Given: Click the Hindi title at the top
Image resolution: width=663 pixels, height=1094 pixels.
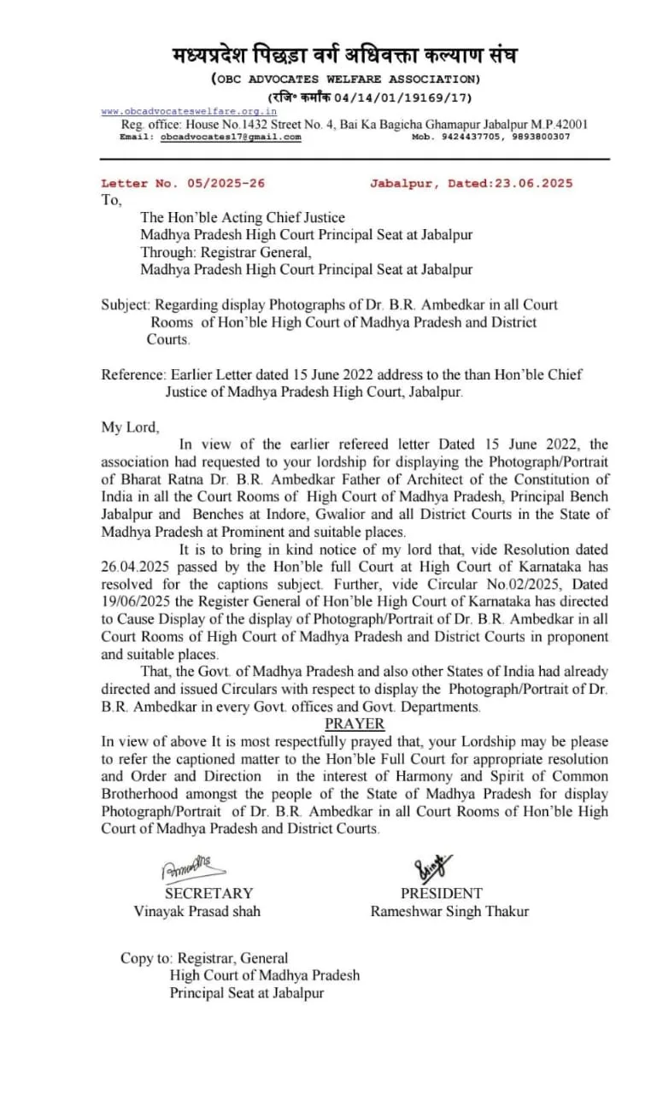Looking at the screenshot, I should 344,56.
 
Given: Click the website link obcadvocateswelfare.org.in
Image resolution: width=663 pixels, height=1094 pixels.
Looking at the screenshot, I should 189,111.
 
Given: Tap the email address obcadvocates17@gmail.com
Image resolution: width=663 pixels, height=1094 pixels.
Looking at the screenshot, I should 231,137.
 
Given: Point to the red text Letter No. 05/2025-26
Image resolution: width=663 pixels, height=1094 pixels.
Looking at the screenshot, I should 183,183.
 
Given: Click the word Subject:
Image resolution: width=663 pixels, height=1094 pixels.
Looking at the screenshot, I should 126,304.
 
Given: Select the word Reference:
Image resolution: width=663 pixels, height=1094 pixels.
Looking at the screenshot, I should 133,374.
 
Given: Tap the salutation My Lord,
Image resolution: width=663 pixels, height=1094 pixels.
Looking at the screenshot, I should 130,426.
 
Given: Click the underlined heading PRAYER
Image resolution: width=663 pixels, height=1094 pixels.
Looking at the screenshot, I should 355,724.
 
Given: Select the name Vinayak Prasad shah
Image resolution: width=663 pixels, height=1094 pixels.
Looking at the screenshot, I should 197,911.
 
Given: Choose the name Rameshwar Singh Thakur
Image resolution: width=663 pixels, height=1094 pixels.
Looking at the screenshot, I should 449,911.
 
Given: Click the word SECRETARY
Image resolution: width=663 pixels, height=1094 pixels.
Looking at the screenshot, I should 208,893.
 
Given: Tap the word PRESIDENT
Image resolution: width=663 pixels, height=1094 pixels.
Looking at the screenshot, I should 442,893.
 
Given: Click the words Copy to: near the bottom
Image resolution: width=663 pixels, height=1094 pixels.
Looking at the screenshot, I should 146,958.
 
